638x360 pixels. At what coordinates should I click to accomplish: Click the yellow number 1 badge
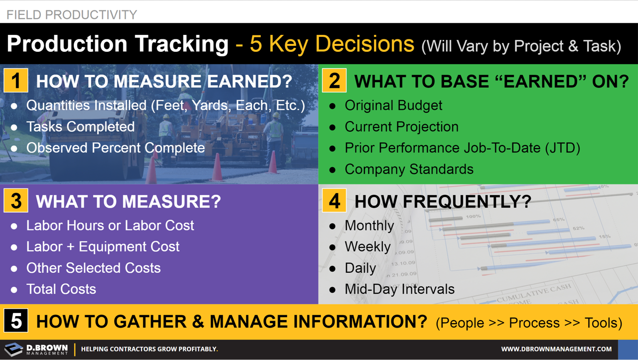pos(16,81)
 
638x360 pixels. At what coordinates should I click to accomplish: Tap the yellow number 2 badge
pos(334,81)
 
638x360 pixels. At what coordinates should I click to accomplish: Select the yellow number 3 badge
pos(16,201)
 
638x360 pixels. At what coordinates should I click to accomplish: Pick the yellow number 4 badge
pos(334,201)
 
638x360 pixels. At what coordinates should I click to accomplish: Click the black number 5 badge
pos(16,322)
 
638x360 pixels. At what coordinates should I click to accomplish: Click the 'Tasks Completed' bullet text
pos(80,127)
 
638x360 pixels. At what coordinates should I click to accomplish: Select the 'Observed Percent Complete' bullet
pos(115,148)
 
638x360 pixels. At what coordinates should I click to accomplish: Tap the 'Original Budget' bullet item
pos(393,106)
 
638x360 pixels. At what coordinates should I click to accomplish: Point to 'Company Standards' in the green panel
pos(409,170)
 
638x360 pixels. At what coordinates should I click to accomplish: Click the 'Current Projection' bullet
pos(401,127)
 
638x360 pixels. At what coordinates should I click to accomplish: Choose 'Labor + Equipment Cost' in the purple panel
pos(103,247)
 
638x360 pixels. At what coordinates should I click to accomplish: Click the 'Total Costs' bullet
pos(61,289)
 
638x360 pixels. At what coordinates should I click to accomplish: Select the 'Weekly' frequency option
pos(367,247)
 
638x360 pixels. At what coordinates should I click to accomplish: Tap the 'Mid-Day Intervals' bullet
pos(399,289)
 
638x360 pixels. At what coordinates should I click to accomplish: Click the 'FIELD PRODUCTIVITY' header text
pos(72,15)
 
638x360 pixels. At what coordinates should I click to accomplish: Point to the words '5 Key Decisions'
pos(331,44)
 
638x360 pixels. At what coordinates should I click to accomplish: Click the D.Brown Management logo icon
pos(13,349)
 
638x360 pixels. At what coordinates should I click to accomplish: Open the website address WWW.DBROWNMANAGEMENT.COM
pos(556,349)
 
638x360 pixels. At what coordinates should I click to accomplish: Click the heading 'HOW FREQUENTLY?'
pos(443,201)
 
